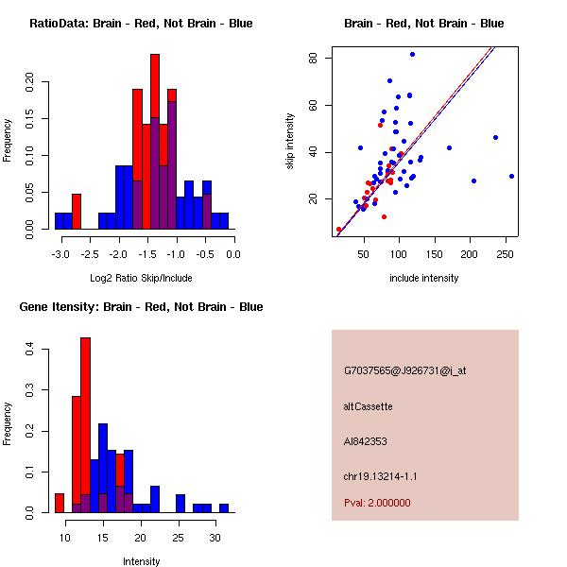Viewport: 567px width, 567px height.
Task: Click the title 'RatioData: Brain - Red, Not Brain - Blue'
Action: pyautogui.click(x=140, y=24)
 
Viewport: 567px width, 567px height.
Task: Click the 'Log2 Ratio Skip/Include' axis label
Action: pyautogui.click(x=140, y=278)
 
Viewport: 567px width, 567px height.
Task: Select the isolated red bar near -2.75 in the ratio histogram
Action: pyautogui.click(x=77, y=211)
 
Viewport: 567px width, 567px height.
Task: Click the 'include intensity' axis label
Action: pyautogui.click(x=423, y=278)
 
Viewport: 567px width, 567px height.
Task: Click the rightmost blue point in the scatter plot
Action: pyautogui.click(x=511, y=176)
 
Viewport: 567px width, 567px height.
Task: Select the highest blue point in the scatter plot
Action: pyautogui.click(x=412, y=54)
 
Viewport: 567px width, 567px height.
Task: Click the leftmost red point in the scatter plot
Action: pyautogui.click(x=338, y=230)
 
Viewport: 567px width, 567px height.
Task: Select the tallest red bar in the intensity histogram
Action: pyautogui.click(x=86, y=424)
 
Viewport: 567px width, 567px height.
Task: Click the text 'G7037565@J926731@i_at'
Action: pyautogui.click(x=404, y=370)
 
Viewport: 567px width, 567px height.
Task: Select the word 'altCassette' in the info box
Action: pyautogui.click(x=369, y=406)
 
